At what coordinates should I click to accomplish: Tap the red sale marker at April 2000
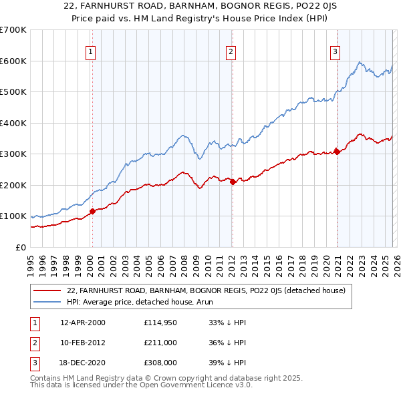pos(92,212)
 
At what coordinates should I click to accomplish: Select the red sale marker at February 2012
pos(232,182)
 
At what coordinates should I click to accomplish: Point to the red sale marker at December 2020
pos(337,152)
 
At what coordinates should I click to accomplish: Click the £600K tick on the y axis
pos(13,61)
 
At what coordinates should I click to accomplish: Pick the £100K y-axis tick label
pos(13,216)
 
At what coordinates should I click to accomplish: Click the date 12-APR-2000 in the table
pos(82,323)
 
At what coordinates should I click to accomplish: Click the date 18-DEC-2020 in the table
pos(82,363)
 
